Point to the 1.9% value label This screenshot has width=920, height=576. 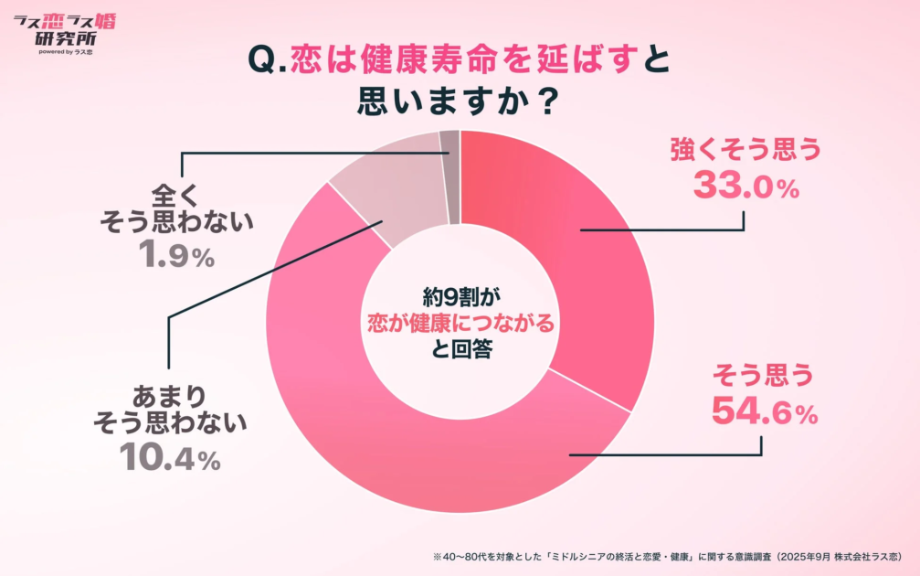[x=177, y=257]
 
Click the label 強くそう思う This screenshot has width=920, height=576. [x=746, y=149]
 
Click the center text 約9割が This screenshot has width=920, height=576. [x=460, y=296]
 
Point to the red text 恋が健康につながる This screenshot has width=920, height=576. [x=460, y=323]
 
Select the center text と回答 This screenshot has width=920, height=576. [x=460, y=349]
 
